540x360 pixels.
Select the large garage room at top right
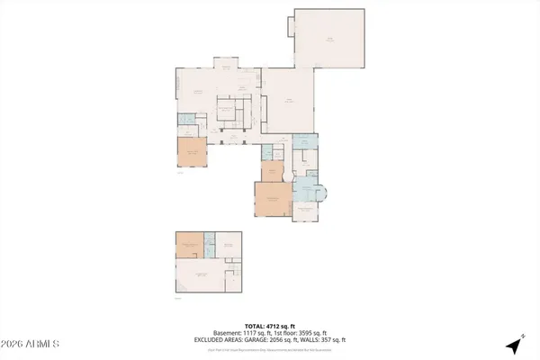tap(330, 40)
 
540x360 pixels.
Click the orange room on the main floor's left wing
tap(192, 153)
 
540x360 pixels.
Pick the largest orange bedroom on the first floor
tap(272, 200)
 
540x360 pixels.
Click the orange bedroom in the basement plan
tap(190, 245)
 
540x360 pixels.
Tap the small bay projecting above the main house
tap(225, 63)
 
